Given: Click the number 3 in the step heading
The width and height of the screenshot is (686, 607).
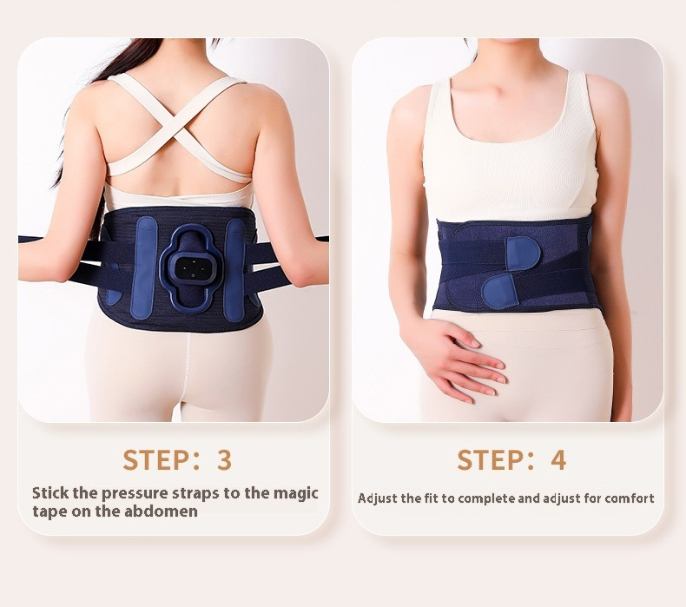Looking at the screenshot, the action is coord(224,459).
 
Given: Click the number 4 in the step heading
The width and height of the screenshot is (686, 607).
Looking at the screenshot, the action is coord(558,459).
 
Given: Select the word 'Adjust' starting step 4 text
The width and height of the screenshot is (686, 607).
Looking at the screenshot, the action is coord(372,499).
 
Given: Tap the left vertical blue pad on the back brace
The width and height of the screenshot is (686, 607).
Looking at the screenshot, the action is coord(144,268).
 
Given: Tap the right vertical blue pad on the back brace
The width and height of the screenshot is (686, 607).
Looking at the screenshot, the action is coord(235,270).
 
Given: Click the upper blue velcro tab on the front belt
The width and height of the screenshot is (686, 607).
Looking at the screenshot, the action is coord(523,253).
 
